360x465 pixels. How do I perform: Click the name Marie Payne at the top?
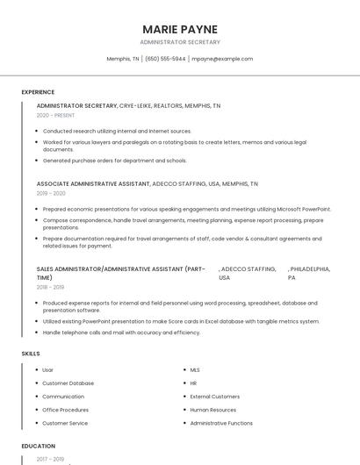point(180,29)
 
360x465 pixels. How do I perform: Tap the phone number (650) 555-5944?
point(165,59)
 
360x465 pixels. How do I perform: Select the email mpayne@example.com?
point(222,59)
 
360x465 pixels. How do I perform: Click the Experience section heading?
point(38,92)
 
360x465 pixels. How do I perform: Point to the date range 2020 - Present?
point(55,115)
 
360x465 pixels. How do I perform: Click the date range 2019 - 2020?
point(51,193)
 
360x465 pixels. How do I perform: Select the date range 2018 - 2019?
point(51,287)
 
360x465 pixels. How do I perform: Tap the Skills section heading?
point(31,354)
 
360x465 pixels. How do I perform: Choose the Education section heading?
point(39,446)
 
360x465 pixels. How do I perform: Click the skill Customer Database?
point(68,383)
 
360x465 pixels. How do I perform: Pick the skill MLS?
point(195,370)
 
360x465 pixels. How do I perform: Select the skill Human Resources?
point(212,410)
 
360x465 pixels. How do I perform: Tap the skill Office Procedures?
point(65,410)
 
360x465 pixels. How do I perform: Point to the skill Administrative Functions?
point(221,423)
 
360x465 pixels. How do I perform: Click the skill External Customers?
point(214,397)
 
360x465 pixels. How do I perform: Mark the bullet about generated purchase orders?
point(114,161)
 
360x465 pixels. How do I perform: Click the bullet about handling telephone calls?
point(121,333)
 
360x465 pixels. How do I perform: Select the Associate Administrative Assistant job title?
point(92,184)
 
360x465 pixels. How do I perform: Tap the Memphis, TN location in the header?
point(123,59)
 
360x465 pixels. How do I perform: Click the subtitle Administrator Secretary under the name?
point(180,42)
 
